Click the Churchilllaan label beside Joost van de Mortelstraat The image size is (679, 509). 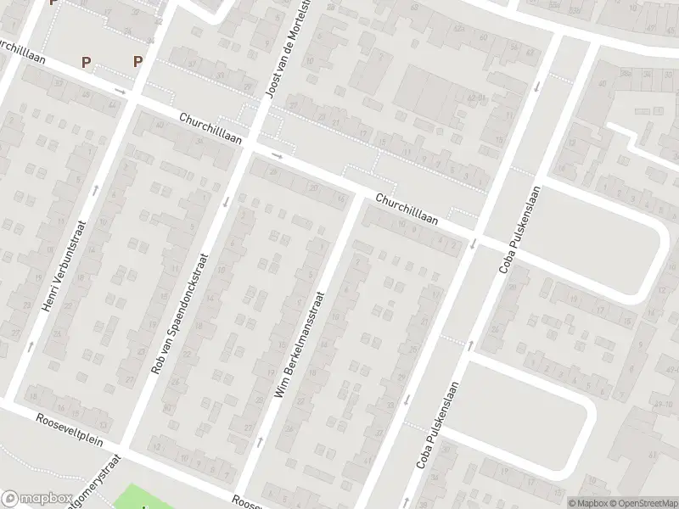(210, 128)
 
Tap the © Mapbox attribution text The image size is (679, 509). (589, 502)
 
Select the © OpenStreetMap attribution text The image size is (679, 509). (644, 502)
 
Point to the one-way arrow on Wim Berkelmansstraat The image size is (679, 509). (259, 441)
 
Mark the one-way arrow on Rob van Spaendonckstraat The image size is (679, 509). (226, 202)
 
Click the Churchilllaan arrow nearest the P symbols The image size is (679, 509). (121, 91)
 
